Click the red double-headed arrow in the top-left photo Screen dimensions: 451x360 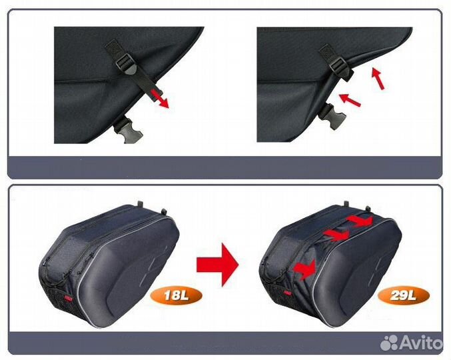[160, 99]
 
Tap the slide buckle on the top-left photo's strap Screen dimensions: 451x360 [125, 63]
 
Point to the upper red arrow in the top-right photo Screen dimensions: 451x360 [378, 78]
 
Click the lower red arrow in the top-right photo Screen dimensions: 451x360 [350, 100]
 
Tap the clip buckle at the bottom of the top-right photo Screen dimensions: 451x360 [332, 116]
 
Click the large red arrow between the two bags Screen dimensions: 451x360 [217, 264]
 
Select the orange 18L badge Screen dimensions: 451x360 [176, 296]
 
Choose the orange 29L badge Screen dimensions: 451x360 [403, 295]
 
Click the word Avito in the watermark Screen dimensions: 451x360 [421, 343]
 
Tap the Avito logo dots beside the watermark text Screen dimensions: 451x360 [389, 343]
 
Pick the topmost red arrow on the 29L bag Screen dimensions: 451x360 [360, 221]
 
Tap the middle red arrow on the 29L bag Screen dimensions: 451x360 [336, 235]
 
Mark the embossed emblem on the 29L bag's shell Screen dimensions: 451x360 [374, 267]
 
